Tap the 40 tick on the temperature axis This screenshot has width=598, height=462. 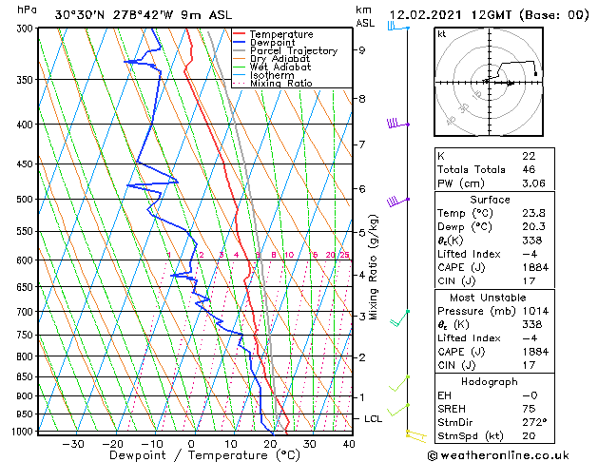[x=349, y=444]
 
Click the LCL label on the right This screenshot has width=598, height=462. [x=374, y=418]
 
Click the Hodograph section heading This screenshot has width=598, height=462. [x=491, y=381]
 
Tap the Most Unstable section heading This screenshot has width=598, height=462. [x=491, y=297]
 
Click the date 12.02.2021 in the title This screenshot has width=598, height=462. [x=427, y=14]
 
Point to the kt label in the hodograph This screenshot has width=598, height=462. [x=441, y=33]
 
